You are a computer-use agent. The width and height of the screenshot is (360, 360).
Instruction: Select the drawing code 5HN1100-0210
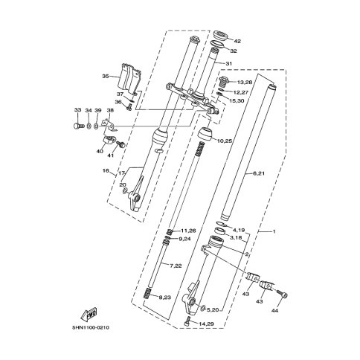tap(91, 328)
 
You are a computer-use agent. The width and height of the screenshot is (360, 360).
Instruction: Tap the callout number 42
tap(237, 42)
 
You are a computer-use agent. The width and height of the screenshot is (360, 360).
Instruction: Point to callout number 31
tap(229, 64)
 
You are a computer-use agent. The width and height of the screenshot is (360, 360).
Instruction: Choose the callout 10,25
tap(225, 141)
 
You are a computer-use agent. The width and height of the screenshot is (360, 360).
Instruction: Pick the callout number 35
tap(106, 77)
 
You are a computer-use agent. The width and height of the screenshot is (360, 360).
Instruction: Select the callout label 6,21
tap(259, 173)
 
